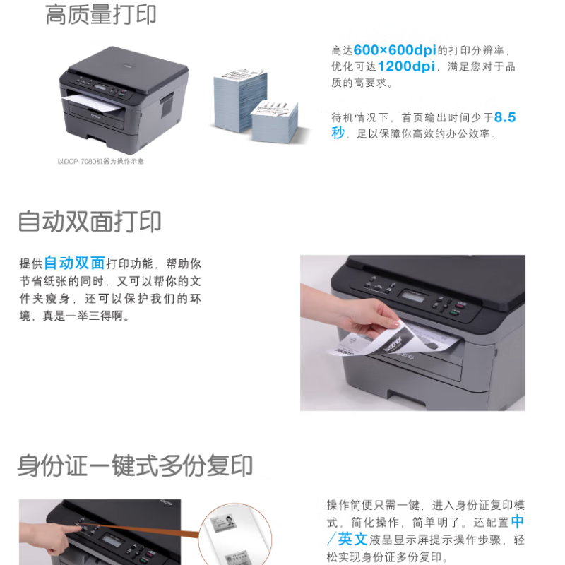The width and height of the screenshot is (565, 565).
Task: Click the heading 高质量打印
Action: tap(100, 14)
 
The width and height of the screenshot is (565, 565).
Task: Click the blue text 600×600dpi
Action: tap(395, 50)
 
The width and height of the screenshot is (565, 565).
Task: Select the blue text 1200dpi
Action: tap(406, 66)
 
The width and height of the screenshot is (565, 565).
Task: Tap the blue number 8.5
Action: tap(505, 117)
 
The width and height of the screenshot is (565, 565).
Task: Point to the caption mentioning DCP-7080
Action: tap(100, 162)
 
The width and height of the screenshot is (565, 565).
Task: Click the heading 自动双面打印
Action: tap(90, 221)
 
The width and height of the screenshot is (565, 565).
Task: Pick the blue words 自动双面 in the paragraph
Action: tap(74, 263)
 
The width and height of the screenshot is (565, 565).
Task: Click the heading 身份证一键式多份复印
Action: tap(135, 465)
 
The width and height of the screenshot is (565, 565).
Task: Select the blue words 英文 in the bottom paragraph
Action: tap(352, 540)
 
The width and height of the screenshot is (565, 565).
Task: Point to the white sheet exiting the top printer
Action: tap(93, 103)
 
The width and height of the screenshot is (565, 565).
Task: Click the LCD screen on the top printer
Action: tap(100, 87)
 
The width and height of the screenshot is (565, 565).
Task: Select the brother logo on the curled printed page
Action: tap(393, 344)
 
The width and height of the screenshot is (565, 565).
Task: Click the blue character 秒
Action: tap(338, 133)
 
